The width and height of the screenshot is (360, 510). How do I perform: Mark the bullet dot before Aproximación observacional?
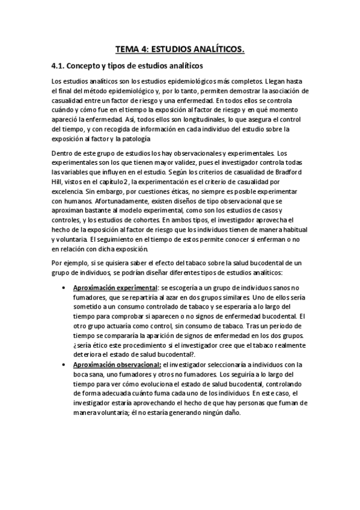tap(65, 364)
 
